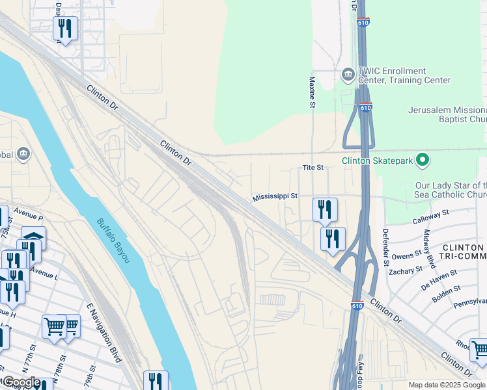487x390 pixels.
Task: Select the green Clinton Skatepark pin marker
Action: click(x=423, y=159)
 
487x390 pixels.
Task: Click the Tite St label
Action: click(x=313, y=168)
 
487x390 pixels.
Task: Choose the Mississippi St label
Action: click(x=275, y=196)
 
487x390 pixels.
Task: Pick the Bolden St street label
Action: click(x=446, y=294)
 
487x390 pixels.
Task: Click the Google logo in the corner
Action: click(x=21, y=382)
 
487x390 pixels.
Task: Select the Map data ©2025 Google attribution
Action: click(x=446, y=385)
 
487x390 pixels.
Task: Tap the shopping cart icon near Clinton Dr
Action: click(x=479, y=349)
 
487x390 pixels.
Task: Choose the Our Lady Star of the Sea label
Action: click(x=451, y=190)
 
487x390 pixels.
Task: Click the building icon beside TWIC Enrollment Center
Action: click(x=347, y=75)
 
